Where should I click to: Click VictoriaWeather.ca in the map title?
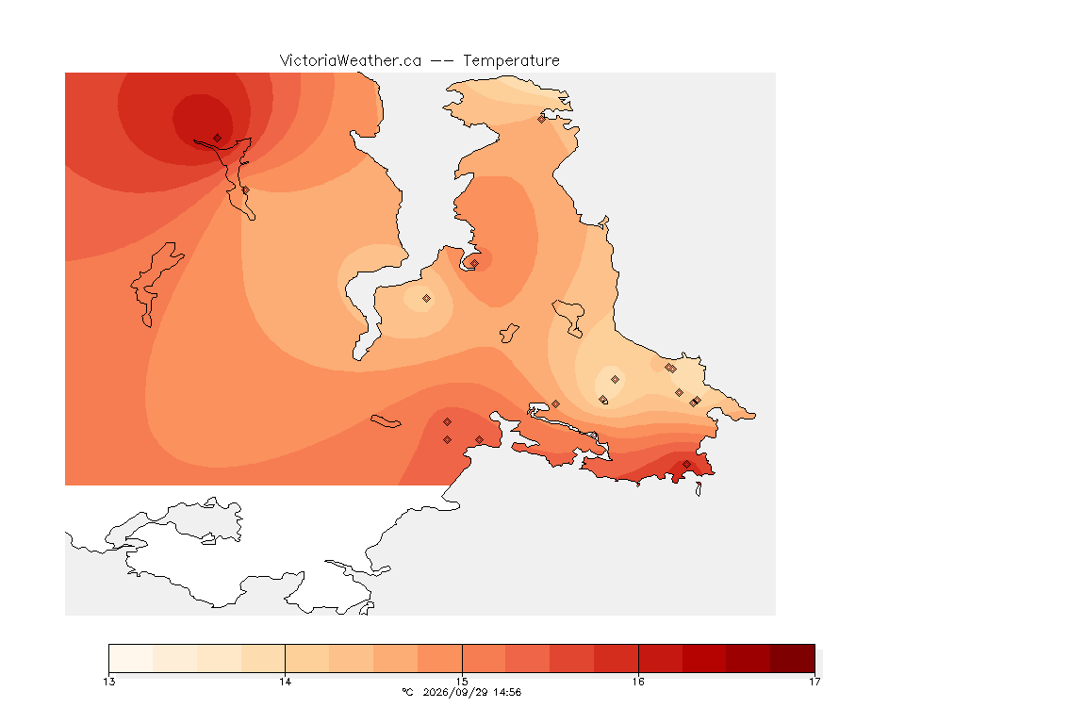351,61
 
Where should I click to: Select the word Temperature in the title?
511,61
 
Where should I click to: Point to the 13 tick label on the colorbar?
108,682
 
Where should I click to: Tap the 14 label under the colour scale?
286,682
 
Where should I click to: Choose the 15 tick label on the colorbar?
462,682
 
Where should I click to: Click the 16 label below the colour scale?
638,682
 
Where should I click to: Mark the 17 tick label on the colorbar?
814,682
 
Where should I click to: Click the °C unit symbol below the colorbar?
407,692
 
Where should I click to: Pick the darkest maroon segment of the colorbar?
792,658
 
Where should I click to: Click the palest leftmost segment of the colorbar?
131,658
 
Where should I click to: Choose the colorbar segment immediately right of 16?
661,658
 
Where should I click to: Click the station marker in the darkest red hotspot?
218,139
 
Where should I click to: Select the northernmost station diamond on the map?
542,119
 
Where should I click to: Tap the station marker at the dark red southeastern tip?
686,465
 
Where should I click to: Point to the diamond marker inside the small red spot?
474,263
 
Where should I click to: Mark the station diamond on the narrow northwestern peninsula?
245,189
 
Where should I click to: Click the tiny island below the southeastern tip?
699,489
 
